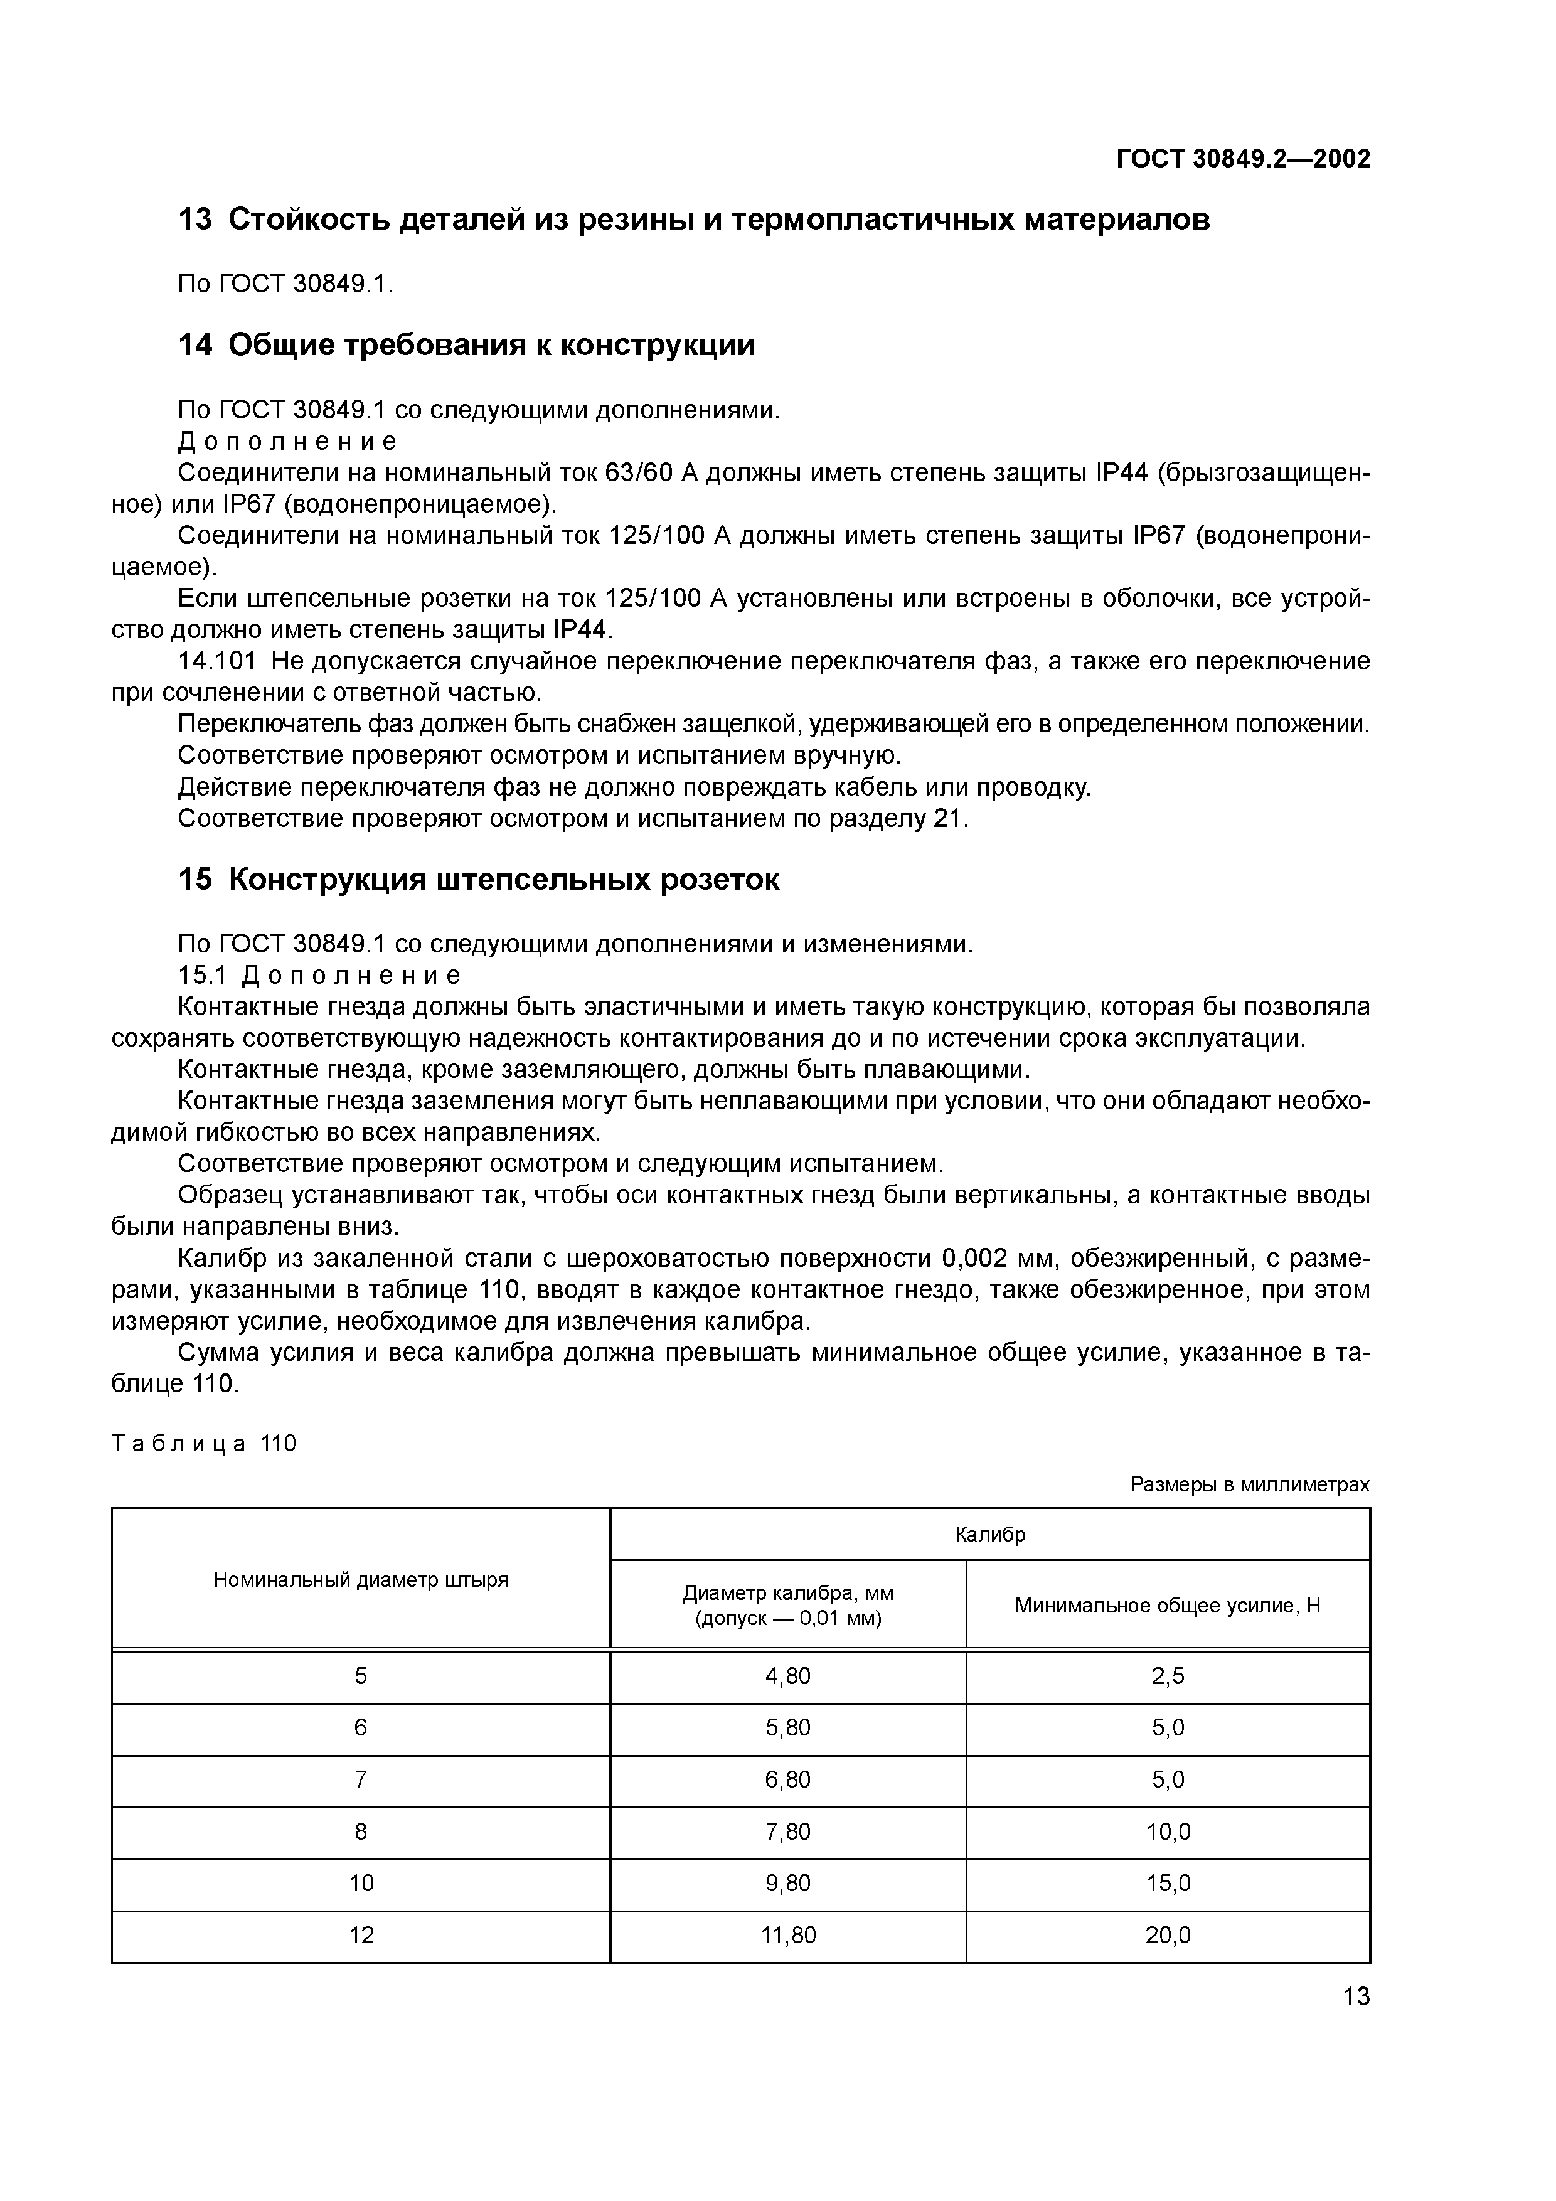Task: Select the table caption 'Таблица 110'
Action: [204, 1444]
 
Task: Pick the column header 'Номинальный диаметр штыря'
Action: [361, 1579]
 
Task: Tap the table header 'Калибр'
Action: [989, 1534]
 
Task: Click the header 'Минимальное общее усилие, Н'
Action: [1167, 1605]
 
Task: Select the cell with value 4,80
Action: [787, 1676]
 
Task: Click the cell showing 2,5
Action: [1167, 1676]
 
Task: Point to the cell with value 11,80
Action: [787, 1934]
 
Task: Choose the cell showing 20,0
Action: [1167, 1934]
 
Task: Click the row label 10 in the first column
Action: [361, 1883]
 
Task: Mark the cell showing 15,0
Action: [1167, 1883]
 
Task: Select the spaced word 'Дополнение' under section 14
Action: [287, 441]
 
